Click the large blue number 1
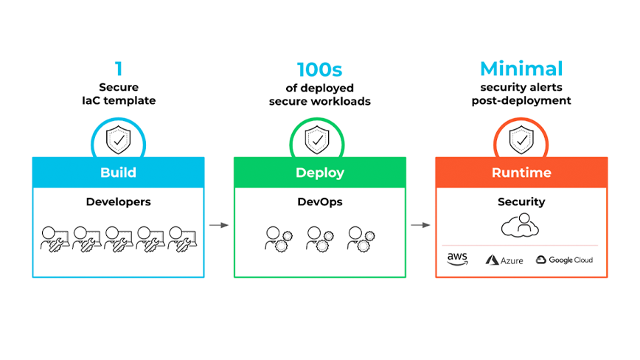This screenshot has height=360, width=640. click(x=118, y=69)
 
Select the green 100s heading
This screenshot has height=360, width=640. click(x=319, y=69)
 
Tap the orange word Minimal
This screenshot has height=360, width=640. click(x=521, y=69)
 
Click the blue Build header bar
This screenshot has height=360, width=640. click(x=118, y=173)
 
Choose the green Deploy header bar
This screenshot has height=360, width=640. click(x=319, y=173)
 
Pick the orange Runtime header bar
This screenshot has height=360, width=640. click(x=521, y=173)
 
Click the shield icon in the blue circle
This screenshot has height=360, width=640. click(x=118, y=139)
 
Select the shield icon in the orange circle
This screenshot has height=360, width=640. click(x=521, y=139)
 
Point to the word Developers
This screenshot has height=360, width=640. click(x=118, y=201)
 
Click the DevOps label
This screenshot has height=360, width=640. click(x=319, y=201)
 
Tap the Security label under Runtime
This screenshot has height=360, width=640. click(x=521, y=201)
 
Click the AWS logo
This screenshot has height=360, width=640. click(x=458, y=259)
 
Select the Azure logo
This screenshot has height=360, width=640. click(x=504, y=260)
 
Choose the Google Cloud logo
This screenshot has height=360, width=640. click(x=564, y=260)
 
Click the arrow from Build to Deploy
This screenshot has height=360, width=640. click(x=218, y=224)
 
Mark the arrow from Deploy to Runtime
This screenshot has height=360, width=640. click(x=420, y=224)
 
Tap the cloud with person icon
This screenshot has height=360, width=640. click(x=521, y=226)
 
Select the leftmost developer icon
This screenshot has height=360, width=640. click(x=54, y=238)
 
